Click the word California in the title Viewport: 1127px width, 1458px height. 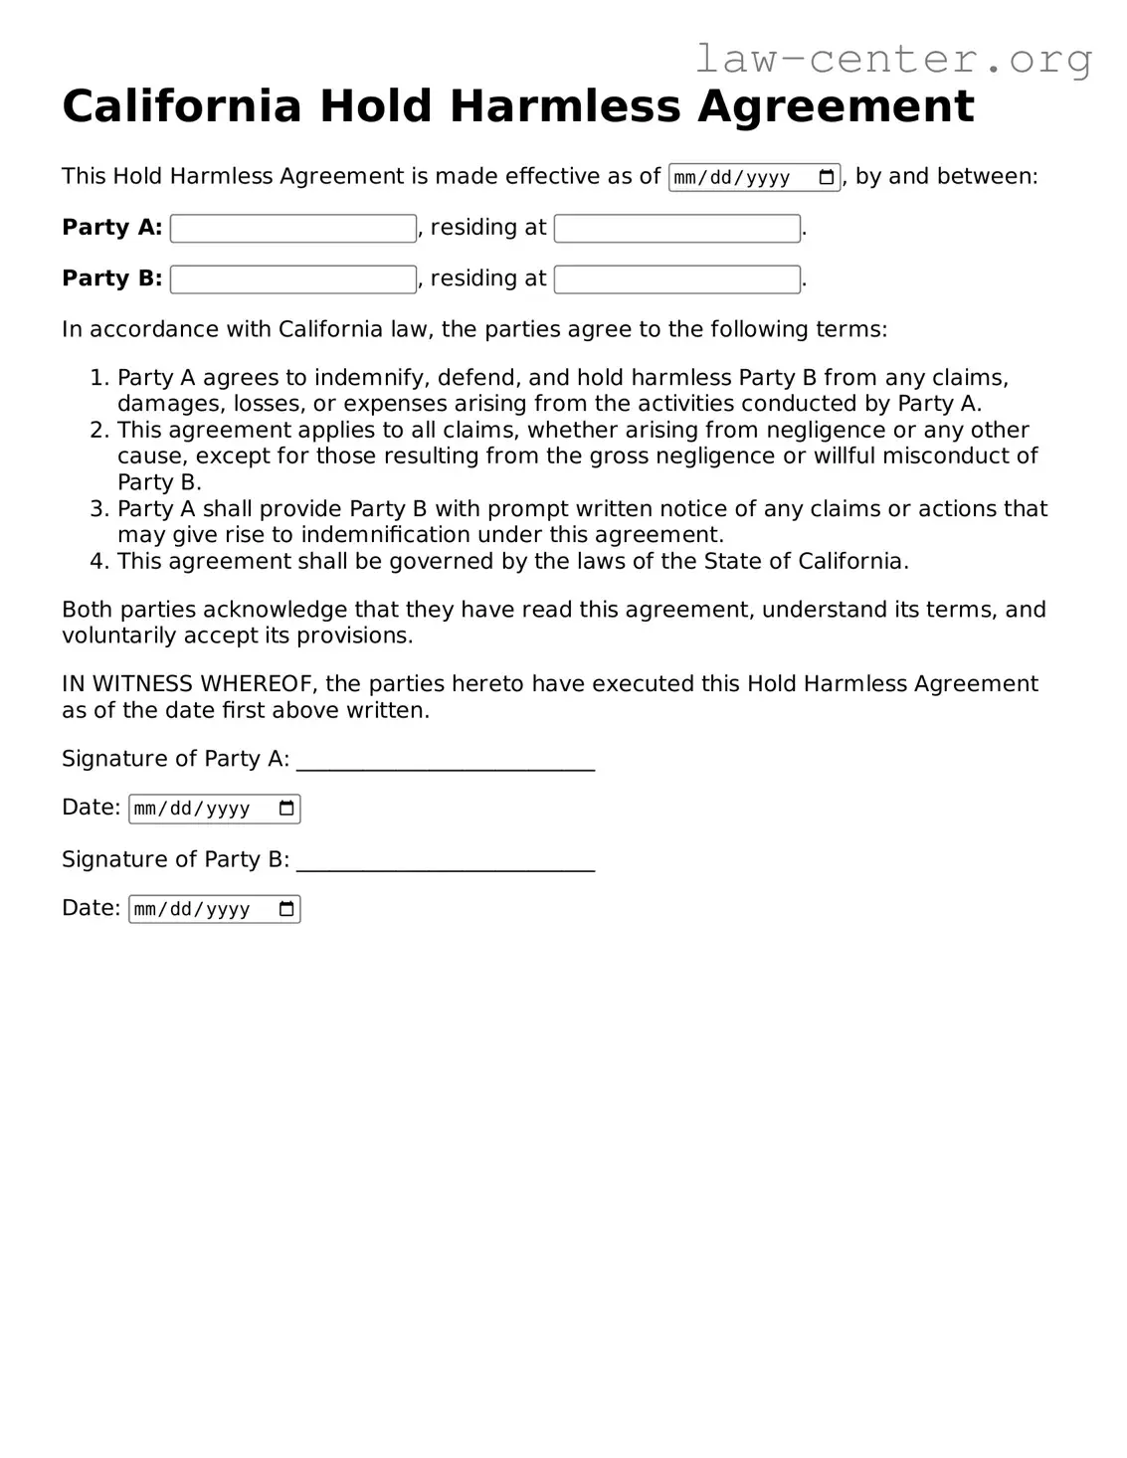coord(181,106)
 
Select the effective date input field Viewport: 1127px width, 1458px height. coord(741,178)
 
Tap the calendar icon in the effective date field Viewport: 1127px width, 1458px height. coord(826,178)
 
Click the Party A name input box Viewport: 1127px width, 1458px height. coord(293,229)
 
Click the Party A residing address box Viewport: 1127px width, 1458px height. coord(676,229)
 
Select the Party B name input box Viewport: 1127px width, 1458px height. coord(293,279)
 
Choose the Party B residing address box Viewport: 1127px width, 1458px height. coord(676,279)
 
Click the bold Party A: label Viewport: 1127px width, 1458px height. coord(111,228)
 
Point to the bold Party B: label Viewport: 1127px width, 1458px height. coord(111,278)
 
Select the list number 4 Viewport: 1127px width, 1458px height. coord(97,562)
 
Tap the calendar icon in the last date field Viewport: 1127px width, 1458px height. coord(286,909)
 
